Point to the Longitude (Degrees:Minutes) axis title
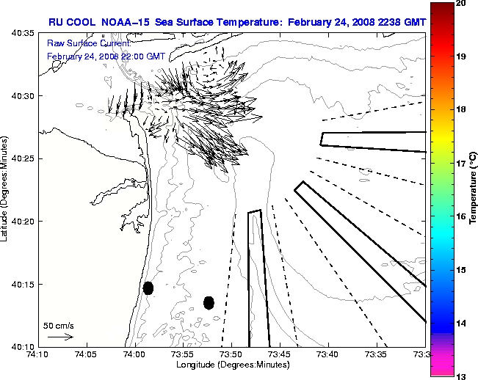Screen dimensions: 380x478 coord(231,365)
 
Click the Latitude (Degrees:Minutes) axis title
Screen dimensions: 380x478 coord(6,189)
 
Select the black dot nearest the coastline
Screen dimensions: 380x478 coord(148,288)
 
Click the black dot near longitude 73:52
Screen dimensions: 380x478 coord(209,302)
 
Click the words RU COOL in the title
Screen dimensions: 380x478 coord(72,22)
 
